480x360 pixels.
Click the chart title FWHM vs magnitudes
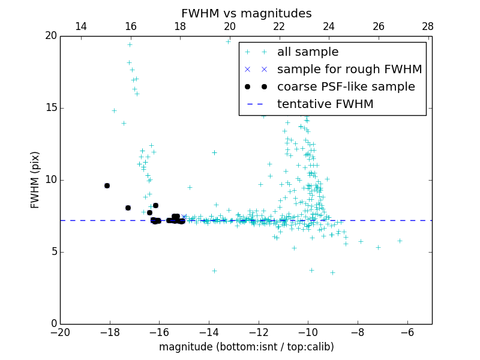pyautogui.click(x=246, y=13)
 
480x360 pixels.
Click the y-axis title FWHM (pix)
pyautogui.click(x=35, y=180)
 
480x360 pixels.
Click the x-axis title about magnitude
pyautogui.click(x=246, y=347)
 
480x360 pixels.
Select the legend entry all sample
pyautogui.click(x=308, y=52)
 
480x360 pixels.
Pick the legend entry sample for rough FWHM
pyautogui.click(x=349, y=70)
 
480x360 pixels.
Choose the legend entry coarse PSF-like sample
pyautogui.click(x=346, y=87)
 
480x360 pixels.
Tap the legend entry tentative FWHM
pyautogui.click(x=325, y=104)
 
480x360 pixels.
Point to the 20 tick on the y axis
pyautogui.click(x=50, y=36)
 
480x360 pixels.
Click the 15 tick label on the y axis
pyautogui.click(x=50, y=108)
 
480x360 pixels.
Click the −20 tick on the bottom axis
pyautogui.click(x=60, y=332)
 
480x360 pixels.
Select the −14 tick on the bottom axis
pyautogui.click(x=209, y=332)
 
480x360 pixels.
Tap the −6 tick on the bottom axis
pyautogui.click(x=407, y=332)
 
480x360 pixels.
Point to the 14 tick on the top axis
pyautogui.click(x=81, y=27)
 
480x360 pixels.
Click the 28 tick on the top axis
pyautogui.click(x=428, y=27)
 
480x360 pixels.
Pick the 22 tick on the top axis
pyautogui.click(x=279, y=27)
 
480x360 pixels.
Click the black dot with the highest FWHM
pyautogui.click(x=107, y=185)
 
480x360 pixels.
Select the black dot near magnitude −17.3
pyautogui.click(x=128, y=208)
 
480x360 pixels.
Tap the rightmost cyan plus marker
pyautogui.click(x=400, y=241)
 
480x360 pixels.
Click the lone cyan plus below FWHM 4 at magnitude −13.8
pyautogui.click(x=214, y=271)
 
